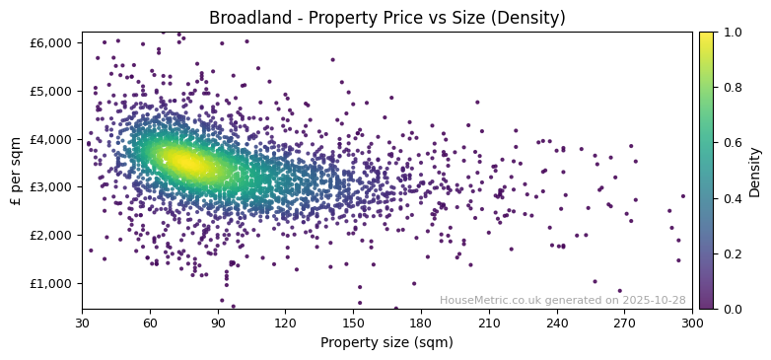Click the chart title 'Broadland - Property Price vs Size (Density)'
pyautogui.click(x=386, y=18)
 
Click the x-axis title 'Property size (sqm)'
pyautogui.click(x=386, y=342)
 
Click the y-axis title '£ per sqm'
pyautogui.click(x=16, y=171)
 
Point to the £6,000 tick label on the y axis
pyautogui.click(x=54, y=42)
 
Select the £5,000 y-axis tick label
pyautogui.click(x=54, y=91)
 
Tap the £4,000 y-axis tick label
pyautogui.click(x=54, y=139)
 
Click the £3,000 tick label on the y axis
pyautogui.click(x=54, y=186)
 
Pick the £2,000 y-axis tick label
pyautogui.click(x=54, y=235)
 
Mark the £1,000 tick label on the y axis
pyautogui.click(x=54, y=283)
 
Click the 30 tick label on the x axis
pyautogui.click(x=82, y=323)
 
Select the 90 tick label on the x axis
pyautogui.click(x=218, y=323)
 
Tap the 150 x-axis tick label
pyautogui.click(x=353, y=323)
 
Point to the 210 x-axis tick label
pyautogui.click(x=489, y=323)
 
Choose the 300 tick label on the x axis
pyautogui.click(x=692, y=323)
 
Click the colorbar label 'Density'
pyautogui.click(x=755, y=171)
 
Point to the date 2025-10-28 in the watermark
pyautogui.click(x=655, y=300)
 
